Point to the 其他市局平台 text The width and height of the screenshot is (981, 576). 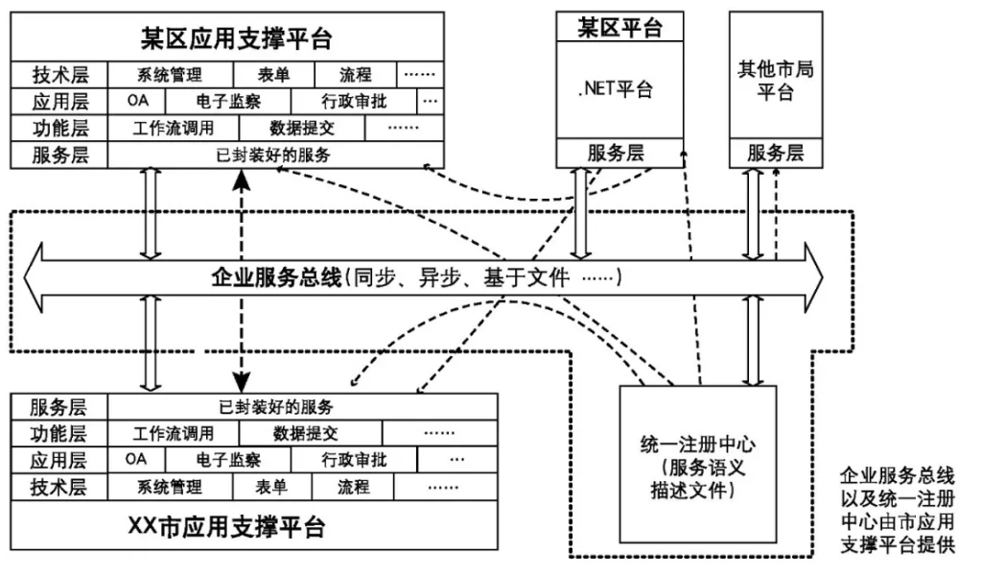pos(776,81)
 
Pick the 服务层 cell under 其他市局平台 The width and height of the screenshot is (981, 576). pos(776,152)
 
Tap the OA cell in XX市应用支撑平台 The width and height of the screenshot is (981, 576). pos(135,459)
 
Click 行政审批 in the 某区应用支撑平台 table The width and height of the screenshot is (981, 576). pos(354,101)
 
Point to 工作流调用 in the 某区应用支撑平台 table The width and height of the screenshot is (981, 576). pos(174,127)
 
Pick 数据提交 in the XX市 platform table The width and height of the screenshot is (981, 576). pos(305,434)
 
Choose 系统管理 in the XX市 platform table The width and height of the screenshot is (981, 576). pos(169,486)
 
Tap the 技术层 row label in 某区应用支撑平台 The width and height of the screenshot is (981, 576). pos(58,75)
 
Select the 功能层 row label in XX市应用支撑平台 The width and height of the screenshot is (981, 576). pos(58,434)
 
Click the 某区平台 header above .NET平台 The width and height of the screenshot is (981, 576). pos(619,27)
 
